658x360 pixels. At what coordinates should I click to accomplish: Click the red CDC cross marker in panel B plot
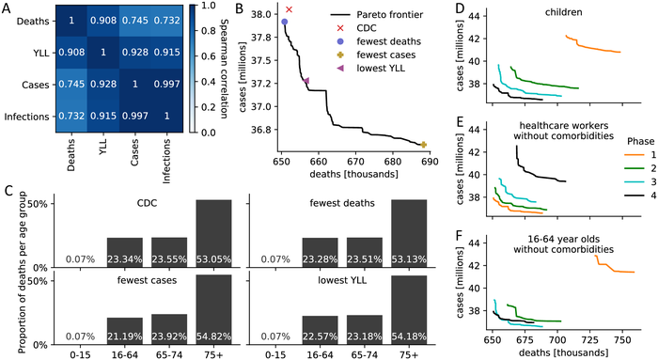click(x=290, y=9)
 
